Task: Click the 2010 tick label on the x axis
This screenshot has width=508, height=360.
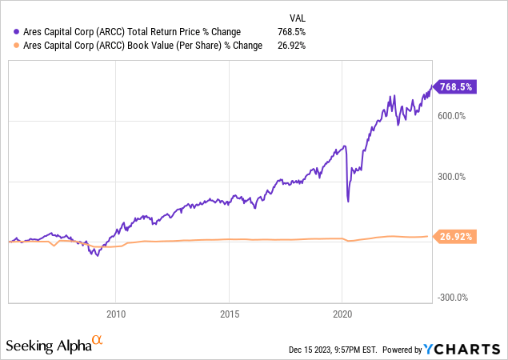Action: click(x=116, y=314)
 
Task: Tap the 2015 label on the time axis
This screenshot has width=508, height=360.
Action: click(x=230, y=314)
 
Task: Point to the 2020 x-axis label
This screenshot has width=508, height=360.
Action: click(x=342, y=314)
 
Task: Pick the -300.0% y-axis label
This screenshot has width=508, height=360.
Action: click(x=453, y=298)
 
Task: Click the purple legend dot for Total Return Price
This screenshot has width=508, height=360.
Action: click(x=18, y=32)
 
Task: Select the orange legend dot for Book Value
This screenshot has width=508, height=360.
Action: click(x=18, y=46)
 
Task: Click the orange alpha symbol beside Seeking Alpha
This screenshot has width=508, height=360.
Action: click(x=97, y=341)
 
